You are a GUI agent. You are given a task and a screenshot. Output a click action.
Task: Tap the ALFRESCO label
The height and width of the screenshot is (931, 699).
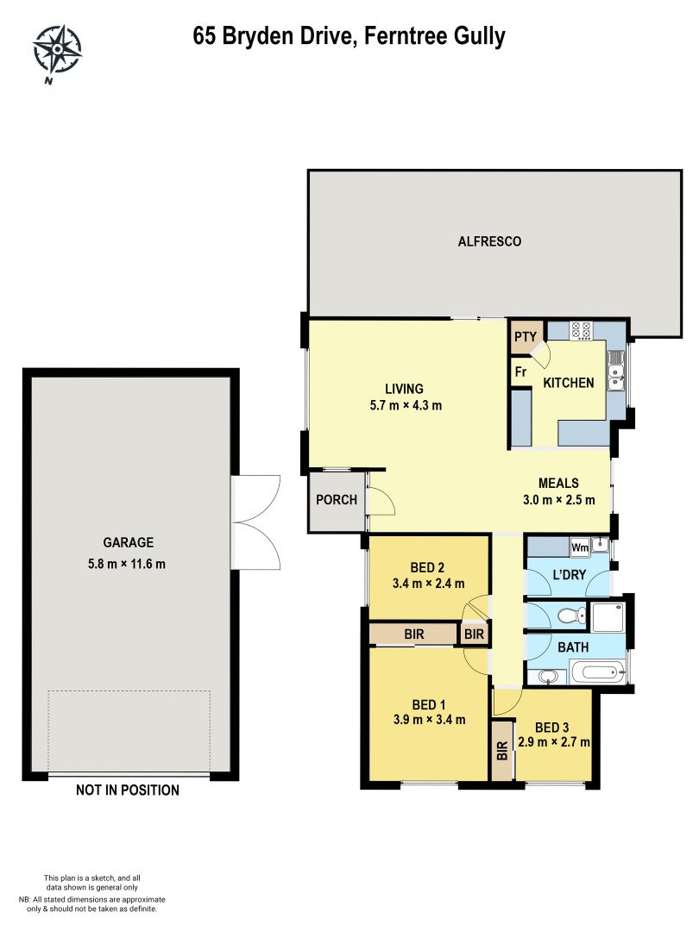point(489,242)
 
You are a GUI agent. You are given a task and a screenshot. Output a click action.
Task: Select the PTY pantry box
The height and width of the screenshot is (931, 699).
point(526,337)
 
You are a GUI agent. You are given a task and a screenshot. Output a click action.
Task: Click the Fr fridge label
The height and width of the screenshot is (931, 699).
point(521,372)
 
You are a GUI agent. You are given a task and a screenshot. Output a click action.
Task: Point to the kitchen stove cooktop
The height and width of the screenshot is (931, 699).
point(581,330)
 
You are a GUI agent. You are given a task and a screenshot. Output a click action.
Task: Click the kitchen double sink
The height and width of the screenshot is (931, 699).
point(616,372)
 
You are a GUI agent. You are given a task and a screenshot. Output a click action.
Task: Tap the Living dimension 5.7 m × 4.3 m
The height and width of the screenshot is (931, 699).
point(400,406)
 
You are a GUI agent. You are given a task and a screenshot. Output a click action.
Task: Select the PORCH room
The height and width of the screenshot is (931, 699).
point(337,500)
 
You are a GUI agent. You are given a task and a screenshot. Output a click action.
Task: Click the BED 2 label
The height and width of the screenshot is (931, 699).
point(427,567)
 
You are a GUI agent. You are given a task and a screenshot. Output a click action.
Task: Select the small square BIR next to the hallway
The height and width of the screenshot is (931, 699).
point(474,634)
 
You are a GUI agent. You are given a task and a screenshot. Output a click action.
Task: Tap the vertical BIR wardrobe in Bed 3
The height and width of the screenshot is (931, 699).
point(502,750)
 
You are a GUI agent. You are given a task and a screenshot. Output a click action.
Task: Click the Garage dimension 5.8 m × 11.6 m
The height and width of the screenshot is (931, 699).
point(129,565)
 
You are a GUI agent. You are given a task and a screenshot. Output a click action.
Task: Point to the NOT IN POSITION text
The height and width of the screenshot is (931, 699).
point(128,790)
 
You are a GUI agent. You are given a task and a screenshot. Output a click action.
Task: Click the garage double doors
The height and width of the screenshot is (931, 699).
point(257,522)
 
